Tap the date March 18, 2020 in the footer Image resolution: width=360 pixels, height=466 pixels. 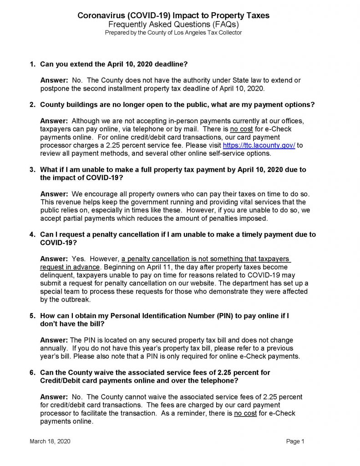click(x=50, y=441)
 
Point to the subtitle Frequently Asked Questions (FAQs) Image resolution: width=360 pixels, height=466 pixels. click(x=173, y=24)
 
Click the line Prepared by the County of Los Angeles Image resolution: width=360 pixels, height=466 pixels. click(x=173, y=32)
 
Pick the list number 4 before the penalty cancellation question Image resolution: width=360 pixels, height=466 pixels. click(x=32, y=235)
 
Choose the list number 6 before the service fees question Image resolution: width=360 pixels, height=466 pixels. click(x=32, y=372)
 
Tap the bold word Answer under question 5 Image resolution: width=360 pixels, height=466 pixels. click(x=54, y=340)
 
